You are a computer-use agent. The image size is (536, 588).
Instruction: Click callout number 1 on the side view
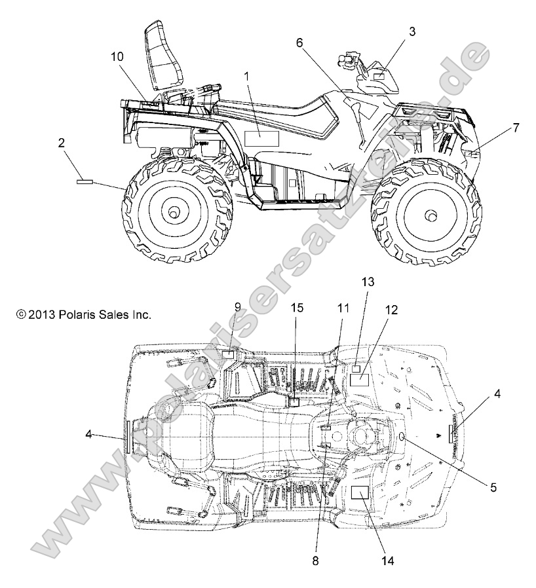247,76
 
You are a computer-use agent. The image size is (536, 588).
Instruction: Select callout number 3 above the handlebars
412,30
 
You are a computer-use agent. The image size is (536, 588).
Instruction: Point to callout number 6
299,43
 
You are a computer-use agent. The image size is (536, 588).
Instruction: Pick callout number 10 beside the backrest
117,57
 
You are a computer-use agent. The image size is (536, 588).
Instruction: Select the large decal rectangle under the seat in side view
261,138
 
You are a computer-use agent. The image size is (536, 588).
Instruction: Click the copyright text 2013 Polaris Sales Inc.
85,315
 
